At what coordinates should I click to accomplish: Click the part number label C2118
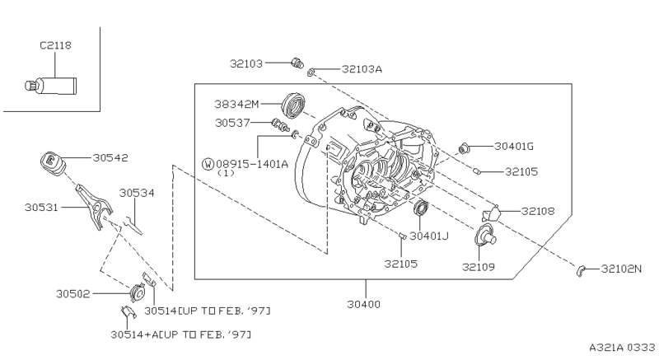(x=54, y=46)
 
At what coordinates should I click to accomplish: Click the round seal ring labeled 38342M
(x=294, y=105)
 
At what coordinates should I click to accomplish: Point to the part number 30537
(x=233, y=124)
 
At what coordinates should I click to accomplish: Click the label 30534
(x=135, y=193)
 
